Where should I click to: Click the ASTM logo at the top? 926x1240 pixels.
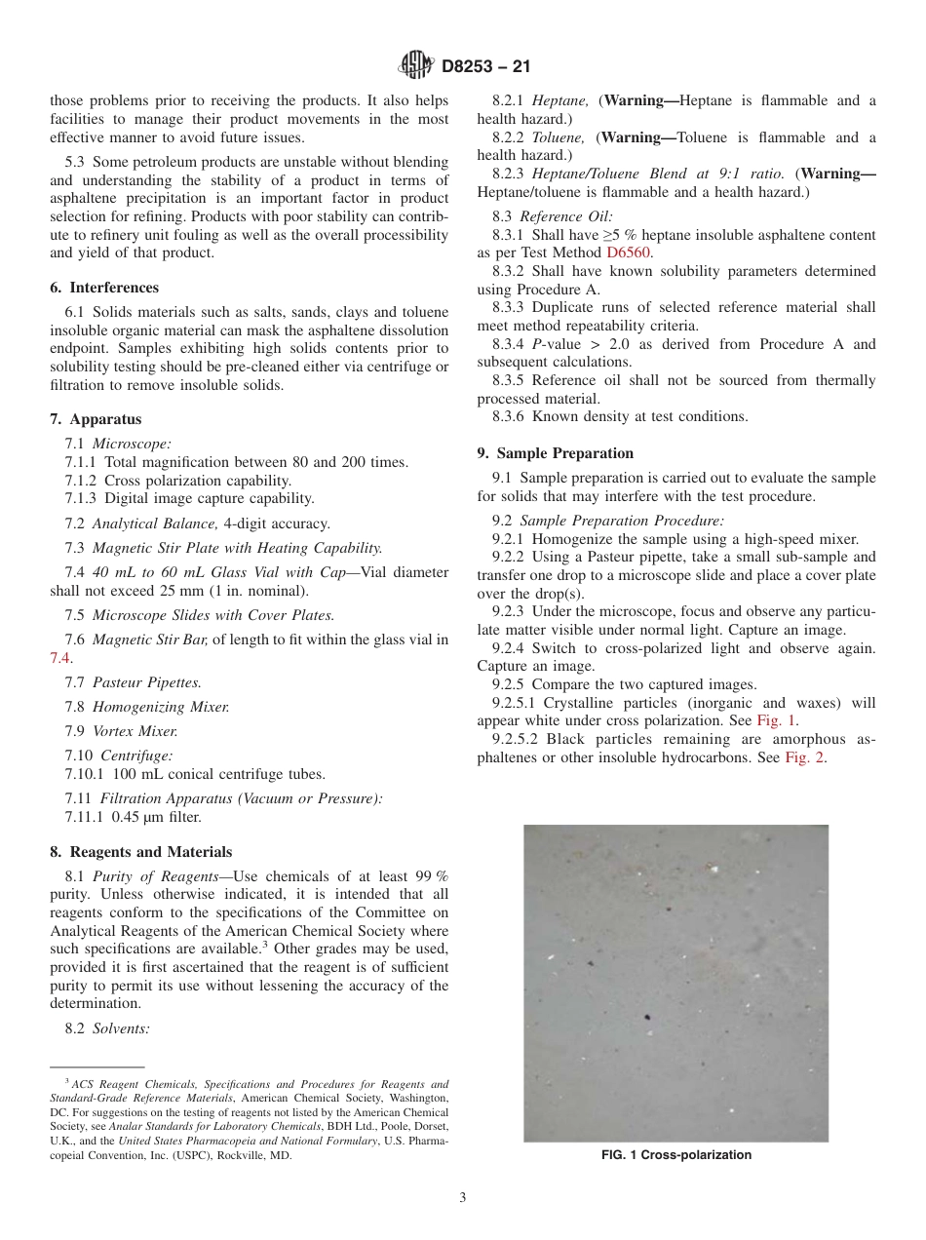click(417, 66)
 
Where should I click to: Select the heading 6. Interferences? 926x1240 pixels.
click(104, 288)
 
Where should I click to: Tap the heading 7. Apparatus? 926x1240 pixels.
click(96, 419)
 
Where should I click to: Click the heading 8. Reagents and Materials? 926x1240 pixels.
click(141, 851)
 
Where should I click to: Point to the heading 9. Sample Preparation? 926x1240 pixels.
click(555, 452)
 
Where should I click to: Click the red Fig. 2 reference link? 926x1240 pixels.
click(805, 757)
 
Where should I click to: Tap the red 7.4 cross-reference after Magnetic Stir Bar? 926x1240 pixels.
click(60, 658)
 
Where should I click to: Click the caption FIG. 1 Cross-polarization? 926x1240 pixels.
click(675, 1155)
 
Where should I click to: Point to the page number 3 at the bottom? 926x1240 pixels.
click(463, 1197)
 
